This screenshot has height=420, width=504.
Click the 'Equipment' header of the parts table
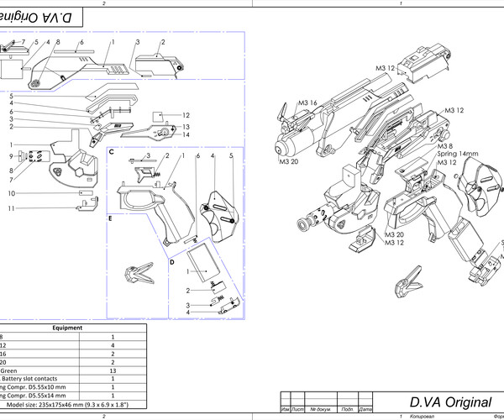pos(67,328)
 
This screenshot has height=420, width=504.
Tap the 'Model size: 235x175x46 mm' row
pos(67,405)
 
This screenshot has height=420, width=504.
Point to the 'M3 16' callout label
pos(307,102)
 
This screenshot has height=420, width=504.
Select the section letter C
pos(111,151)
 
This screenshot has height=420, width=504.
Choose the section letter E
pos(110,218)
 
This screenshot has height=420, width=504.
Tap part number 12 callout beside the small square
pos(186,115)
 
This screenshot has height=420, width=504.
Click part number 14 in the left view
pos(186,134)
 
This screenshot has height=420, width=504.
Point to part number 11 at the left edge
pos(11,207)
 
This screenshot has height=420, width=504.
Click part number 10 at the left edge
pos(11,193)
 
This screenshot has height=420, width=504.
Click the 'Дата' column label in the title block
pos(365,410)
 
